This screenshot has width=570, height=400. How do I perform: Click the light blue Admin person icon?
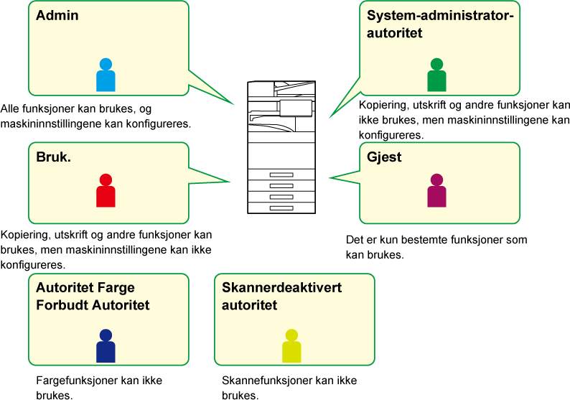pos(106,75)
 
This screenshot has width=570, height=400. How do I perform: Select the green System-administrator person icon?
pos(436,75)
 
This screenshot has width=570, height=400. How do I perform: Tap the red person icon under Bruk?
pos(106,190)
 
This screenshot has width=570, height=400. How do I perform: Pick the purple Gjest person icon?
pos(436,190)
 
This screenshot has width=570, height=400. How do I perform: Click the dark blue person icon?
pos(106,346)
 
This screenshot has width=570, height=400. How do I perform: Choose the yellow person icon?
pos(291,346)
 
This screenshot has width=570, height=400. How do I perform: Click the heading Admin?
pos(57,15)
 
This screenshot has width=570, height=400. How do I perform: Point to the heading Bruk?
pos(53,157)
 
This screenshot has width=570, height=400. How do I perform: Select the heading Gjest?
pos(384,157)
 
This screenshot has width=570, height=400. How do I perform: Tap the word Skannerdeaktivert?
pos(281,287)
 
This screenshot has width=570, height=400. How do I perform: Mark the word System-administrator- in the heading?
pos(440,16)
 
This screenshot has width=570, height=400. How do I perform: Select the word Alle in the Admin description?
pos(10,108)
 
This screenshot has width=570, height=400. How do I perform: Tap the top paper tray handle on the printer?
pos(281,175)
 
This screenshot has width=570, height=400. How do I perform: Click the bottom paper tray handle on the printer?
pos(281,208)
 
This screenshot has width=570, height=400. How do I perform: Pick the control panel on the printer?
pos(296,108)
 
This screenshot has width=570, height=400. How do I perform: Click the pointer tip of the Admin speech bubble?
pos(234,104)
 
